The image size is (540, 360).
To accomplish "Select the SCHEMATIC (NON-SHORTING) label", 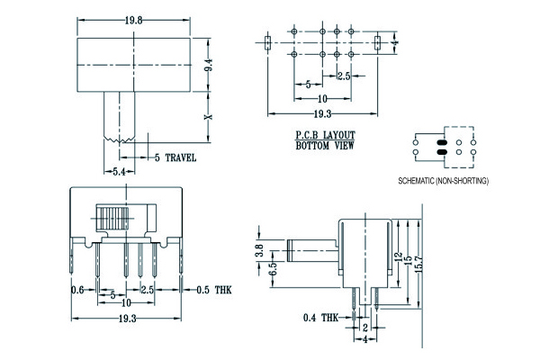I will (443, 181).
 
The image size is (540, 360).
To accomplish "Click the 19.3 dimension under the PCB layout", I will (321, 114).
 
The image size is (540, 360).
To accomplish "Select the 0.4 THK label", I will (321, 317).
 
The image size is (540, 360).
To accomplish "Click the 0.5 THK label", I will (213, 290).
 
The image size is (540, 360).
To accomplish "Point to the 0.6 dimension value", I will (78, 290).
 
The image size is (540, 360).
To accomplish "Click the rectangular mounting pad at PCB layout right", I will (376, 42).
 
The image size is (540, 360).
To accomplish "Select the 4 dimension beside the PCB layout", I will (395, 42).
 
